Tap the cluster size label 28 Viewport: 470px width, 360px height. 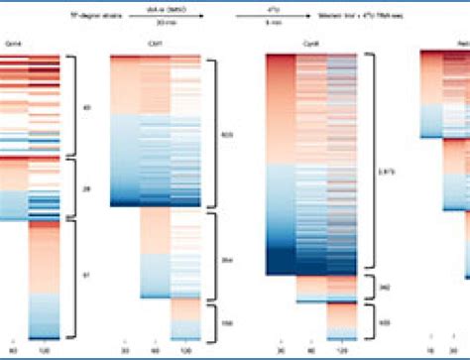click(x=86, y=184)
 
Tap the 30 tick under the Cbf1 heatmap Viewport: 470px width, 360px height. click(x=125, y=350)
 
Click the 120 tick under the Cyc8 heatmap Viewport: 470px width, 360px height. click(x=342, y=350)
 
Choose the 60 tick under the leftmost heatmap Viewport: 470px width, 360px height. click(x=14, y=350)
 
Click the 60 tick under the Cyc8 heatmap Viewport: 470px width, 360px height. click(x=312, y=350)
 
